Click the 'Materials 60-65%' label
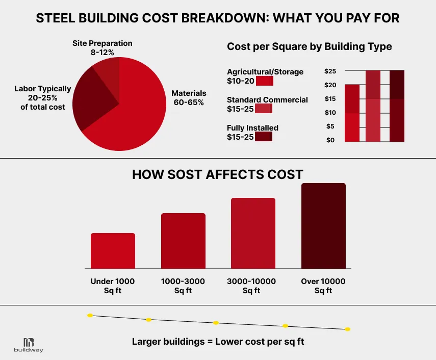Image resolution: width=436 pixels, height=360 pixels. coord(189,98)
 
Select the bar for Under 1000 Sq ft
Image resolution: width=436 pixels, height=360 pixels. coord(113,250)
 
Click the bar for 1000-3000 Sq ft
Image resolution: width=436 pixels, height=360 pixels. coord(183,241)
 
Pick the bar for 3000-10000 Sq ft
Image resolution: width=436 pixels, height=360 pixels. coord(253,233)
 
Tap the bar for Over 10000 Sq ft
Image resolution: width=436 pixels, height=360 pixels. coord(323,225)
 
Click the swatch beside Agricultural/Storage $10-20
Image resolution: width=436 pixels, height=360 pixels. coord(265,81)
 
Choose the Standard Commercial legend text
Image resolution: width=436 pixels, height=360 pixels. coord(267,99)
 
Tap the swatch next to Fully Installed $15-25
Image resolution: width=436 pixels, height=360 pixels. coord(264,137)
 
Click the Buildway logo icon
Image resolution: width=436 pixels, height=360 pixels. coord(29,342)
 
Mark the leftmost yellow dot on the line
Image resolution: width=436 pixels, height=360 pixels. coord(90,316)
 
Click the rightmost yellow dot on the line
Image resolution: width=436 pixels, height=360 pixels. coord(347,329)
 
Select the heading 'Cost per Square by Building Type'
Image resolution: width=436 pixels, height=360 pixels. coord(309,47)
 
